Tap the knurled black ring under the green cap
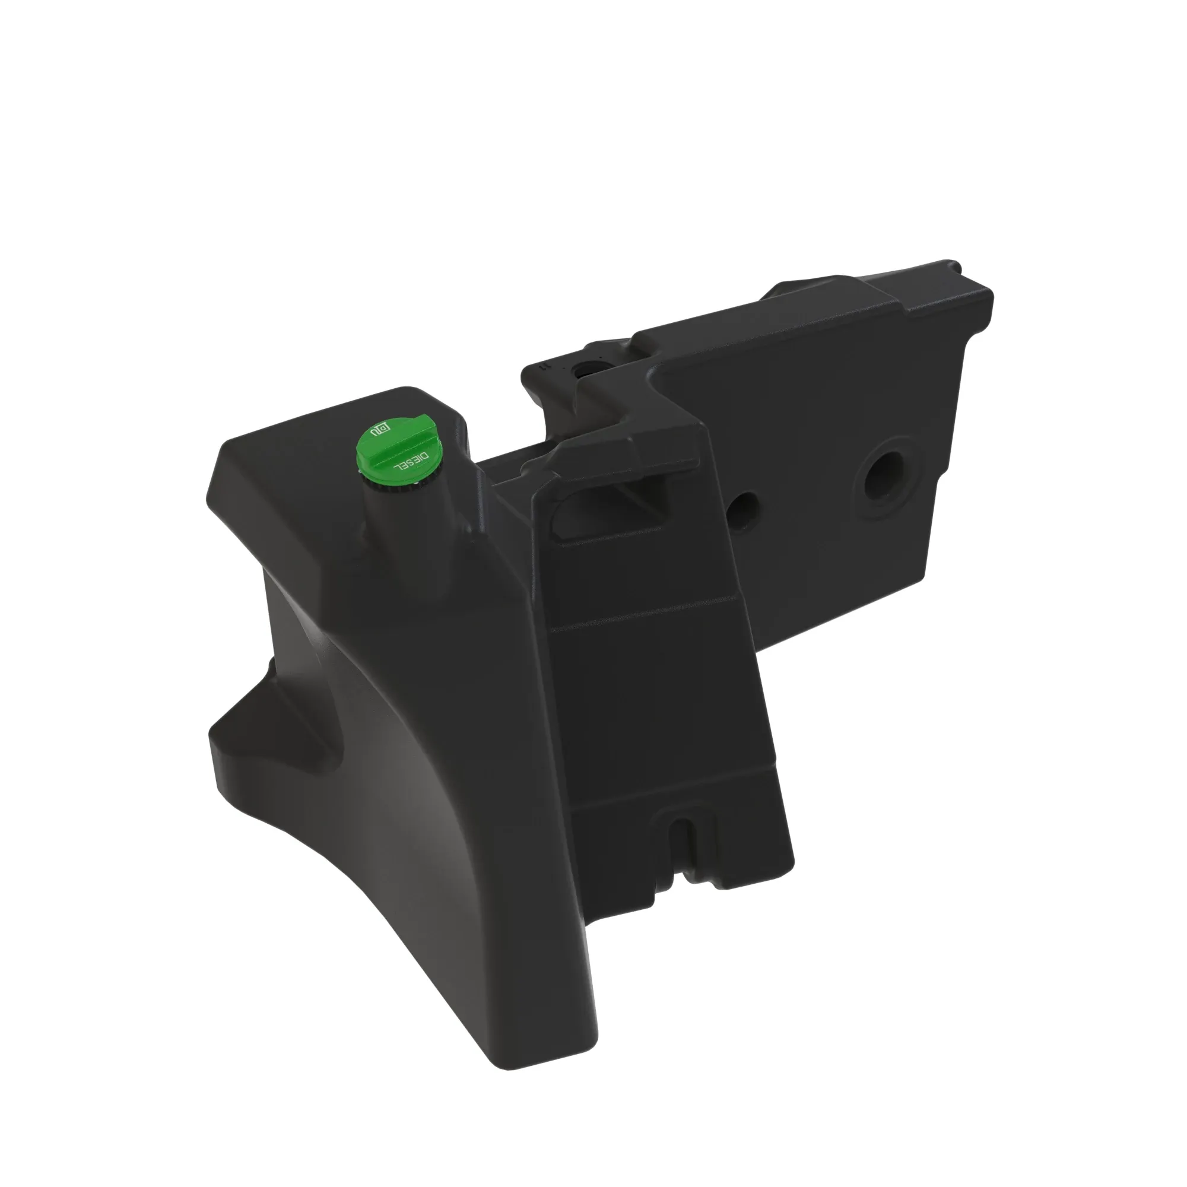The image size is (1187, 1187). tap(393, 482)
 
